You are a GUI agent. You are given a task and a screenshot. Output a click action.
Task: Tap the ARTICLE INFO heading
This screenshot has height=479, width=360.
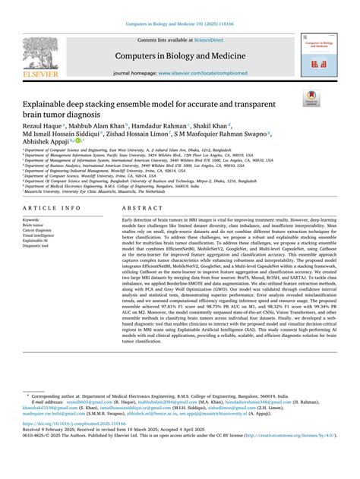tap(52, 207)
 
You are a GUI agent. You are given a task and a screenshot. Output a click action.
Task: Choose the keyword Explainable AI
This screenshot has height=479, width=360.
tap(37, 241)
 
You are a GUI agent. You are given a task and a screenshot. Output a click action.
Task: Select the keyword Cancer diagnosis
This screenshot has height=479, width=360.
tap(40, 230)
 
